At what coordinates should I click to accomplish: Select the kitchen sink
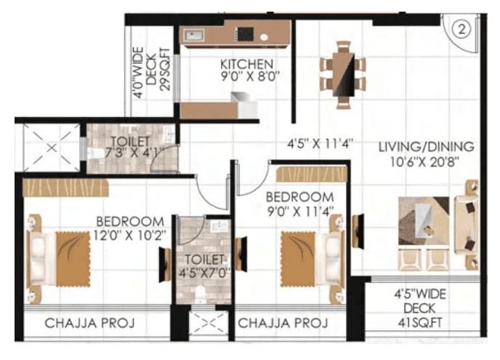pos(195,34)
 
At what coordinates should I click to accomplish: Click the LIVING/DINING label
pos(426,145)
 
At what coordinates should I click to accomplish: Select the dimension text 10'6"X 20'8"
pos(425,160)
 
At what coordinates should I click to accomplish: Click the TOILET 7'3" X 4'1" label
pos(130,145)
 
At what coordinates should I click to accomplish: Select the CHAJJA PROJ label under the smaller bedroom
pos(283,322)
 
